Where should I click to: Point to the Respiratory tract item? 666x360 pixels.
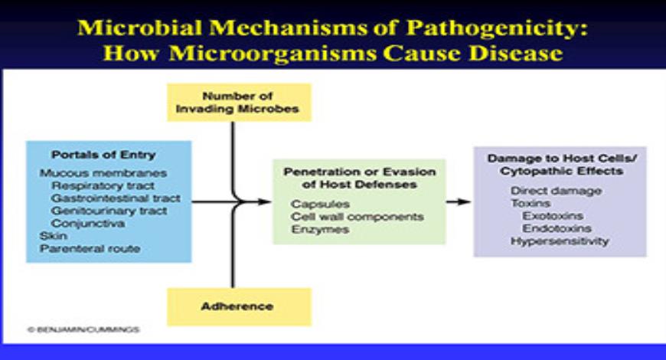(x=103, y=185)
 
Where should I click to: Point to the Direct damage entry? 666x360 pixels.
(x=556, y=191)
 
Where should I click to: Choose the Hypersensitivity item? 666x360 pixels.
(x=560, y=241)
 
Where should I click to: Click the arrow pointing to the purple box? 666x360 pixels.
(x=458, y=201)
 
